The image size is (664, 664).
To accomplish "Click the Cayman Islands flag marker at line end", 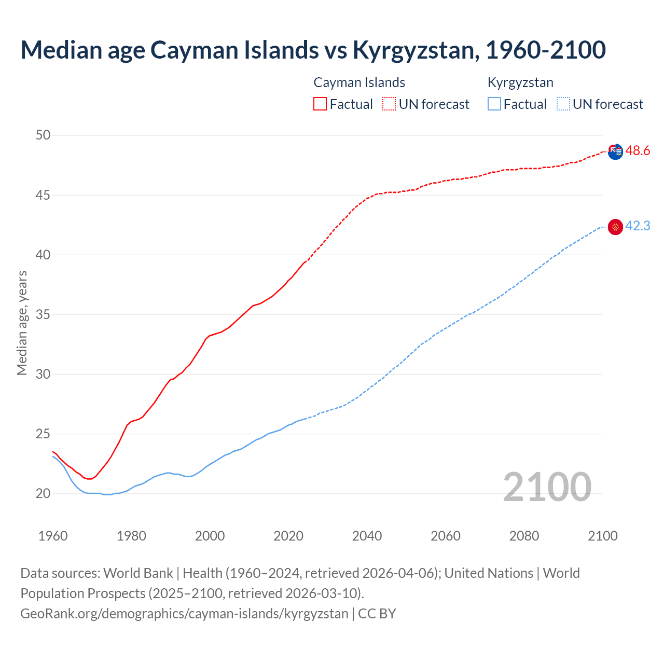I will (615, 152).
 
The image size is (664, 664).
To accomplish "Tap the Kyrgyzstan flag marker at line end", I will (615, 227).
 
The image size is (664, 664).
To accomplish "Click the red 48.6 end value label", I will (638, 151).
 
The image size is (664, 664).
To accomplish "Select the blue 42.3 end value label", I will (638, 226).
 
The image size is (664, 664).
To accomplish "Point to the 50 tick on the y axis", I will (43, 135).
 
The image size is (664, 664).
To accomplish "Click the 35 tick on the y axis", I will (43, 314).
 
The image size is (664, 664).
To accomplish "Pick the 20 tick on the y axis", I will (43, 493).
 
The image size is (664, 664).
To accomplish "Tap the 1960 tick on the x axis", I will (53, 536).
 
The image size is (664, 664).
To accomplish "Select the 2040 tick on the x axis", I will (367, 536).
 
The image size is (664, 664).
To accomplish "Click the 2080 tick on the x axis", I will (524, 536).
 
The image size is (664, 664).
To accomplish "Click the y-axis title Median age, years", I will (22, 323).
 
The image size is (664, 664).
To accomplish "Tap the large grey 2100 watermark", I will (547, 487).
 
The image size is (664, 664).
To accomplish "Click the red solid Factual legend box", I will (320, 104).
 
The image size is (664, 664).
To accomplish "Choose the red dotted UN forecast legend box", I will (389, 104).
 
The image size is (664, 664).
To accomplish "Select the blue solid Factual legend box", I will (494, 104).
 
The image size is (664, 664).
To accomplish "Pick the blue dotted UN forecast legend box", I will (563, 104).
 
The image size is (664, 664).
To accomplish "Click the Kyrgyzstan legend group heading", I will (520, 82).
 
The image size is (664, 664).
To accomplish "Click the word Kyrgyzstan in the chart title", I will (413, 50).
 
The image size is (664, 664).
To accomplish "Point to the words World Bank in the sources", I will (138, 573).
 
